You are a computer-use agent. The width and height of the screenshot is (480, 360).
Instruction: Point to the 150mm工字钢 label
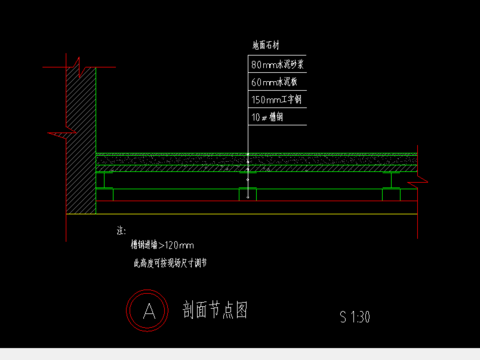(x=280, y=100)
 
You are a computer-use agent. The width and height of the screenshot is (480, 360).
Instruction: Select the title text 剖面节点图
(x=215, y=310)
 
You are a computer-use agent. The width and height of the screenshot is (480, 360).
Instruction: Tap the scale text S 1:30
(x=355, y=318)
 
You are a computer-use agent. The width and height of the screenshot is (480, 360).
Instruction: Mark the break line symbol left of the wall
(x=60, y=130)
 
